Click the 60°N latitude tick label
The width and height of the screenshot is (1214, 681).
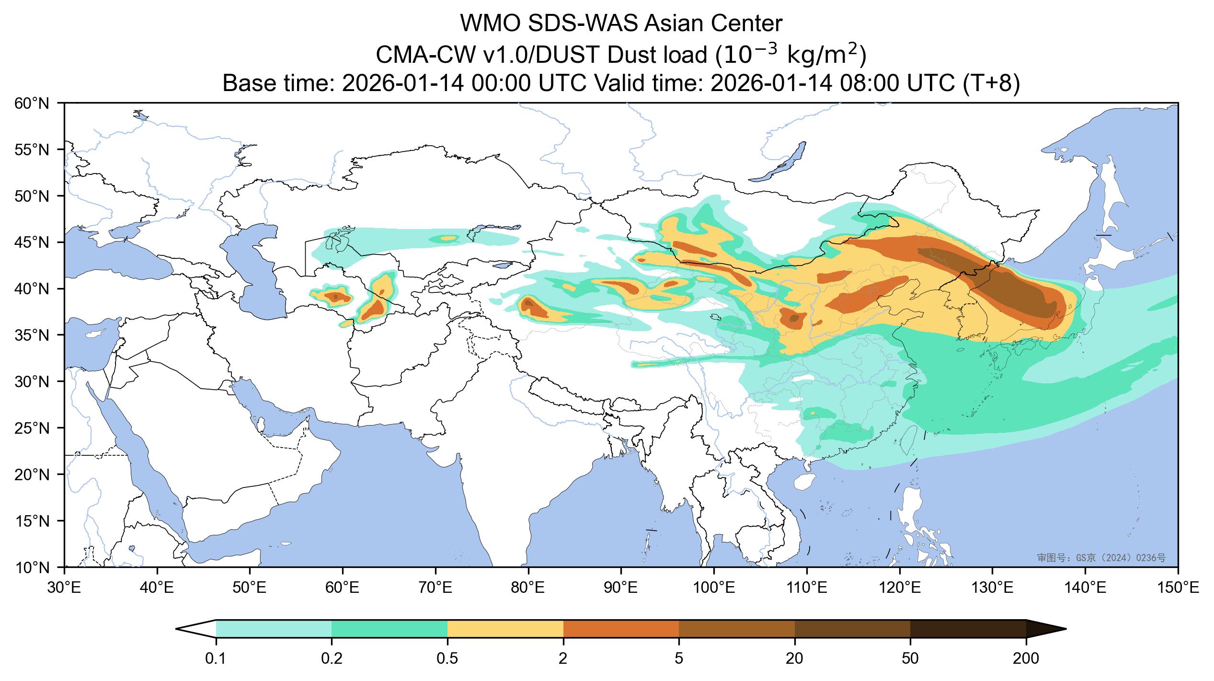(32, 103)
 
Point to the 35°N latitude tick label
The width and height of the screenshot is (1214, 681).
(32, 335)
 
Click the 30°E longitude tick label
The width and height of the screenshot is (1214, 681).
(64, 588)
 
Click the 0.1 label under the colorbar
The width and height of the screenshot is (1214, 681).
(216, 659)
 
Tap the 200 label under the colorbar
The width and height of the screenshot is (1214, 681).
(1026, 659)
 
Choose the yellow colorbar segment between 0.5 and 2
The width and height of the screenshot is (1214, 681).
(505, 629)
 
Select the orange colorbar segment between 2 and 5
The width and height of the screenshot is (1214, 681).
(621, 629)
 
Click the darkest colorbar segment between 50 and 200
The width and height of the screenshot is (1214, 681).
(968, 629)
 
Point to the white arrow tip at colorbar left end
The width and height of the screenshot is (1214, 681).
(192, 629)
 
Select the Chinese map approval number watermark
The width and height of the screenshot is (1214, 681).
(1101, 558)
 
